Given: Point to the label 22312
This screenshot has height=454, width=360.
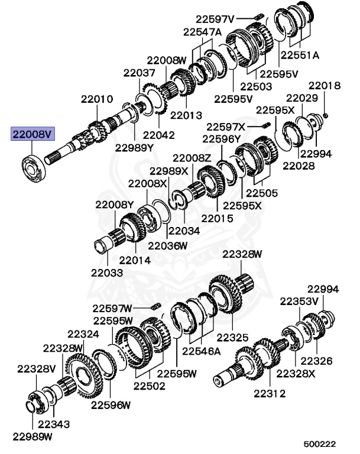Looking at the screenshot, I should click(x=271, y=393).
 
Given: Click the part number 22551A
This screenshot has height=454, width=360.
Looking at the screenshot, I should click(x=300, y=55).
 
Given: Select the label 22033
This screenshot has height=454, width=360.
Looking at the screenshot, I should click(x=107, y=273).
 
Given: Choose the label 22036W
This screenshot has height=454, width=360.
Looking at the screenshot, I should click(x=167, y=245).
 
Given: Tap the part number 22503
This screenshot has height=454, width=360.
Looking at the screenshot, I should click(x=256, y=86).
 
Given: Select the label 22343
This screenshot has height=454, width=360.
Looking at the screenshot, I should click(x=54, y=424).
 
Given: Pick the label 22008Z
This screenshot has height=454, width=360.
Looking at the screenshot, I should click(x=192, y=158).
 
